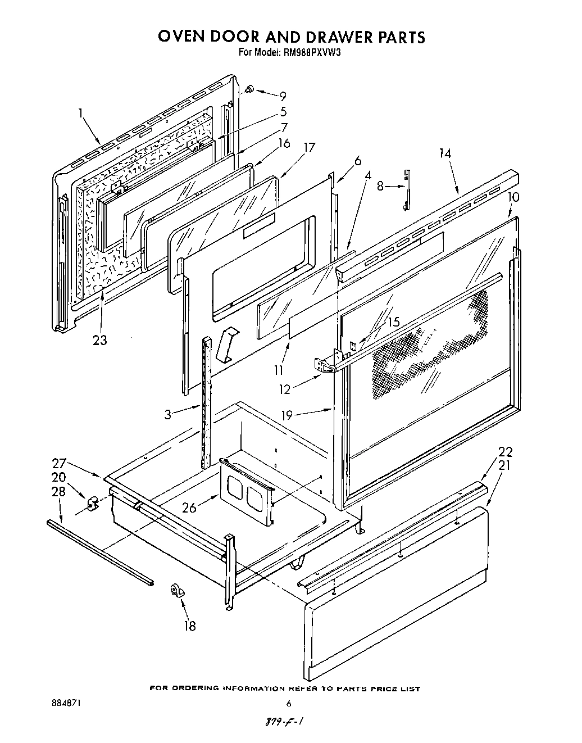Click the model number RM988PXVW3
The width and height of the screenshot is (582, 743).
point(310,53)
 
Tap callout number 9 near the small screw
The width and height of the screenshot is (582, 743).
point(283,96)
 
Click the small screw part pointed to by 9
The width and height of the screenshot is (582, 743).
point(250,89)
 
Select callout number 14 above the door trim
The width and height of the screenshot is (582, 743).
point(445,153)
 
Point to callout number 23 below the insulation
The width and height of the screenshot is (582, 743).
point(100,340)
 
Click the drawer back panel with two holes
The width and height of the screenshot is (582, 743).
point(246,489)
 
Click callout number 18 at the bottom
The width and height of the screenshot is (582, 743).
point(190,625)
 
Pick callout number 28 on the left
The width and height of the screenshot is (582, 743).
point(58,492)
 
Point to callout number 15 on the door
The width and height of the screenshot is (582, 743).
point(393,322)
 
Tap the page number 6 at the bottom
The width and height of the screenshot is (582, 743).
point(289,704)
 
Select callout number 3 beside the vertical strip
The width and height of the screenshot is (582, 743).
point(168,415)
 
